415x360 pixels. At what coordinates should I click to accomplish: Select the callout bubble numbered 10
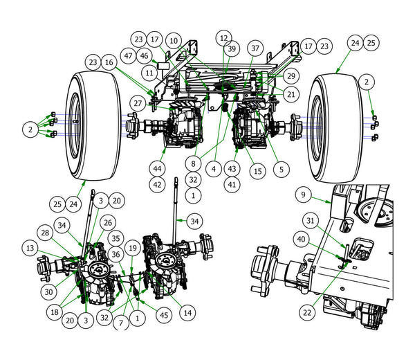(x=173, y=41)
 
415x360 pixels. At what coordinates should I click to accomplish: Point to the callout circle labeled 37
(x=256, y=48)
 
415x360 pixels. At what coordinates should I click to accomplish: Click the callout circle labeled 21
(x=292, y=93)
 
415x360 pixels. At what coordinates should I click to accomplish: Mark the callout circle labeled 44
(x=158, y=168)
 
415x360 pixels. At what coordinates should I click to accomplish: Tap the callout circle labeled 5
(x=280, y=168)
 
